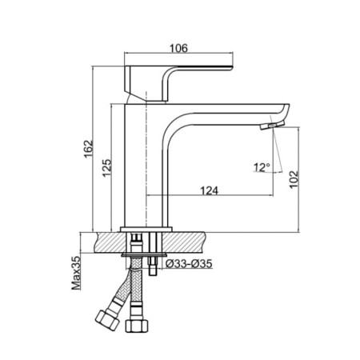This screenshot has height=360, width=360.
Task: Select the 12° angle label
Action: tap(262, 167)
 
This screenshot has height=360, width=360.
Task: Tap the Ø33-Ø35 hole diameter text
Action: tap(188, 263)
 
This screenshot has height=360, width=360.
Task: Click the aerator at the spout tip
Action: tap(275, 126)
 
